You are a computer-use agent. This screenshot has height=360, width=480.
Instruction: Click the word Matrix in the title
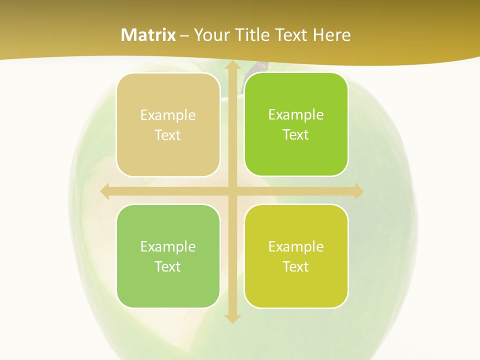(148, 35)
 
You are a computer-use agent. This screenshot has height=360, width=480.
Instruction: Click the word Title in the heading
(253, 35)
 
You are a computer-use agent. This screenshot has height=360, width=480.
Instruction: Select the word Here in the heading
(332, 35)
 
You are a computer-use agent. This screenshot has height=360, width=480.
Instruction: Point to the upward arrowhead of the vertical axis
(232, 66)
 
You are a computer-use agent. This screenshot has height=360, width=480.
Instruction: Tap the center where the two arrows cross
(232, 191)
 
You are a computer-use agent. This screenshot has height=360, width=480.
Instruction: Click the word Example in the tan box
(168, 115)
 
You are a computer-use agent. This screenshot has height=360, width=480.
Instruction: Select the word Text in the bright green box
(296, 134)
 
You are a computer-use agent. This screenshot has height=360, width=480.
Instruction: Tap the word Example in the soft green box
(168, 246)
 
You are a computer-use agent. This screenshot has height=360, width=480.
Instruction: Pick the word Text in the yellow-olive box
(296, 266)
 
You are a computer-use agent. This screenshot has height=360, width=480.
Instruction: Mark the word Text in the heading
(291, 35)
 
